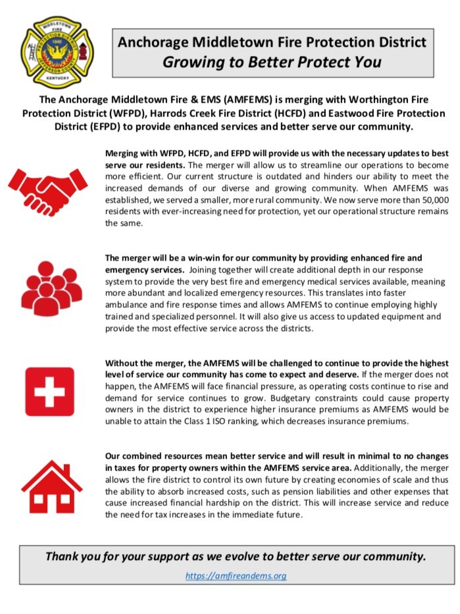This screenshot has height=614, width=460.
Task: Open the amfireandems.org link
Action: (x=236, y=576)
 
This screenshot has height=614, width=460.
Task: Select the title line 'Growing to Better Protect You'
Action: (x=272, y=63)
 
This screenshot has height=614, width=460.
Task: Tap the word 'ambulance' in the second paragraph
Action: (x=127, y=306)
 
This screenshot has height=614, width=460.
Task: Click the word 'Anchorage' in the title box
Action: (x=151, y=43)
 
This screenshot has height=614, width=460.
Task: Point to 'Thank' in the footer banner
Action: (x=61, y=556)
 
